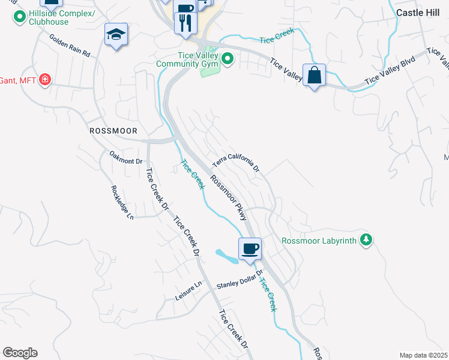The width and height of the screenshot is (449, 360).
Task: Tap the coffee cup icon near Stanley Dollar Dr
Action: click(250, 248)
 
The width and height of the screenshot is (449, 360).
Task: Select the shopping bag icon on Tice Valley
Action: click(314, 76)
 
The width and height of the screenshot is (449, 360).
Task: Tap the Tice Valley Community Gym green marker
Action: click(228, 59)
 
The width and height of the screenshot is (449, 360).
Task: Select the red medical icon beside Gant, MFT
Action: click(44, 79)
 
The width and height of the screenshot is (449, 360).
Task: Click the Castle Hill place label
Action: click(418, 11)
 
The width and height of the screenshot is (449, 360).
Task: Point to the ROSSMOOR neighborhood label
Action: click(113, 130)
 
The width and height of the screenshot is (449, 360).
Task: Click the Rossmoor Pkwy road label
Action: click(229, 197)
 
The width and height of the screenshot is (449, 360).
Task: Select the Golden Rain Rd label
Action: click(70, 45)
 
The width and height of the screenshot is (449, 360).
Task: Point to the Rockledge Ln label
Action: click(122, 202)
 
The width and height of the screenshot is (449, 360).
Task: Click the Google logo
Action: click(20, 353)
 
